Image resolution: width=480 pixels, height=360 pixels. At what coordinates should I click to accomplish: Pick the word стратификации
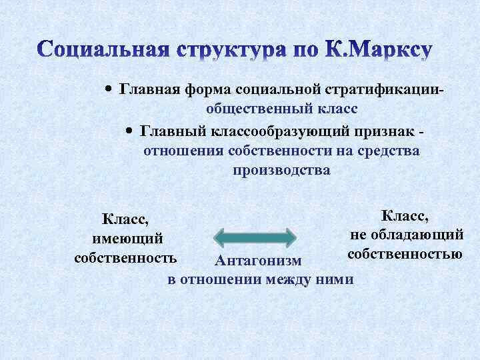383,89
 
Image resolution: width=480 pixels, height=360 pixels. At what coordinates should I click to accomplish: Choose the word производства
281,171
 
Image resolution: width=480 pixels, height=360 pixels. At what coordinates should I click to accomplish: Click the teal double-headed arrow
254,239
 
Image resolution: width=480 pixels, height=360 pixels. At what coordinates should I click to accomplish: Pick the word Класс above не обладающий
405,215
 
